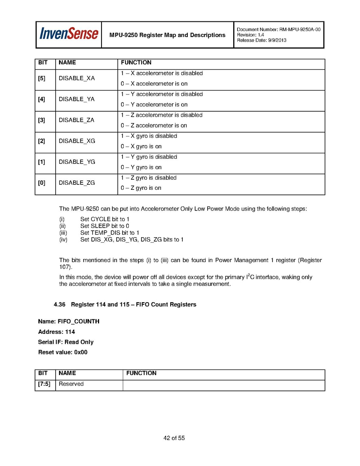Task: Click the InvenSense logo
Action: tap(69, 34)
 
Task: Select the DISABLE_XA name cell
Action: tap(77, 78)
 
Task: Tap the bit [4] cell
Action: tap(42, 99)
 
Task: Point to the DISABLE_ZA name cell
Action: tap(77, 120)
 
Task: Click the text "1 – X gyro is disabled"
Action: tap(149, 136)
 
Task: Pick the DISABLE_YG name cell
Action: tap(77, 162)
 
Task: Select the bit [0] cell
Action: tap(42, 183)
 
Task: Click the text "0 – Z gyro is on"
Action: tap(141, 188)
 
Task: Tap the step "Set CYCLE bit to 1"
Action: tap(105, 219)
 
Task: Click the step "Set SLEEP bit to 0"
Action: tap(105, 226)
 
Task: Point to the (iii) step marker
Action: tap(63, 233)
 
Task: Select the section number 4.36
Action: tap(60, 305)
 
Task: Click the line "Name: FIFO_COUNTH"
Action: tap(68, 321)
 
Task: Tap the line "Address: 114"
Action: tap(56, 332)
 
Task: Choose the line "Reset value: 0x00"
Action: tap(63, 352)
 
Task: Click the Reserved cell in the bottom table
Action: tap(71, 384)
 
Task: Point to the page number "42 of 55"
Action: tap(174, 438)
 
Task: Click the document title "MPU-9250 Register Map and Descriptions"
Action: tap(167, 35)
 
